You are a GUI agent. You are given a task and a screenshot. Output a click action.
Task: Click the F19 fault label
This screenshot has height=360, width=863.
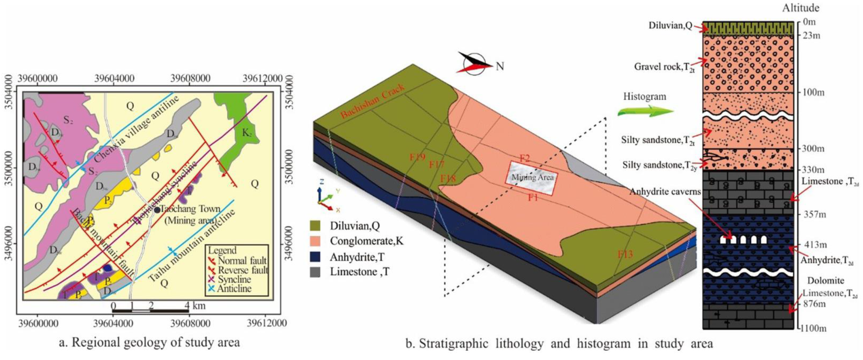tap(417, 157)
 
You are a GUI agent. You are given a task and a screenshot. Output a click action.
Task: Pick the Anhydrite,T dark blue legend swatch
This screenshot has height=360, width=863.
tap(315, 257)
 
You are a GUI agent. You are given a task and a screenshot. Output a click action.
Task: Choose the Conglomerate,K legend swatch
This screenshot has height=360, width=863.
tap(315, 241)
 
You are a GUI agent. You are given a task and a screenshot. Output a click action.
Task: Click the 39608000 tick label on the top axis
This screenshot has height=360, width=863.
tap(190, 78)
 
